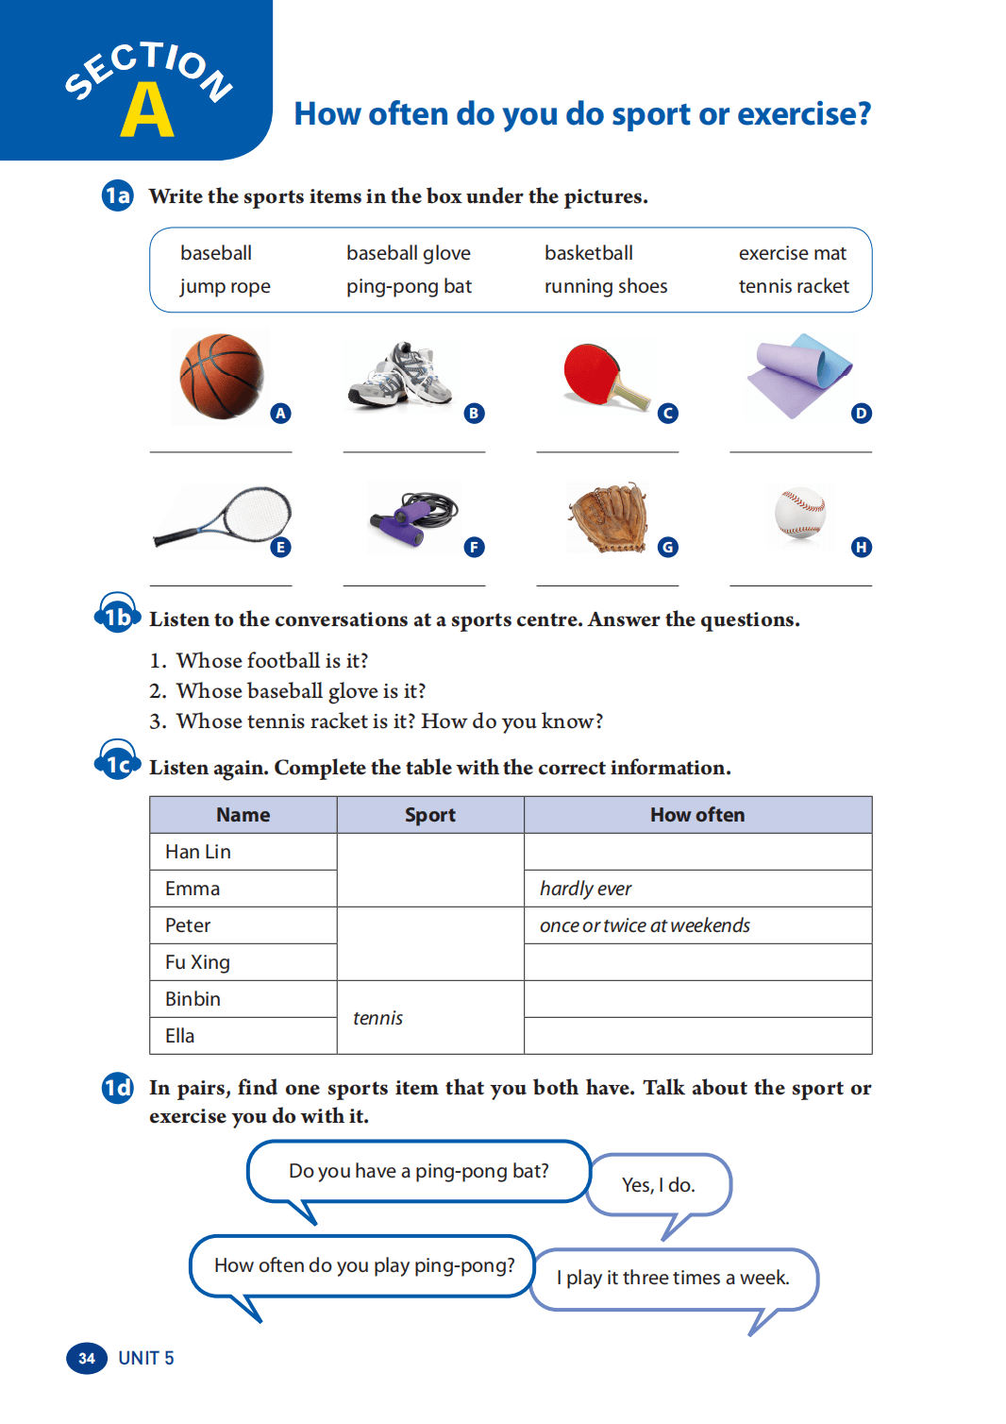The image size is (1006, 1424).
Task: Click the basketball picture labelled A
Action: tap(222, 376)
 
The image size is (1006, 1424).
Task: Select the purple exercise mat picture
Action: tap(798, 375)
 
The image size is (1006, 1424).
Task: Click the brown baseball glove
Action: tap(610, 517)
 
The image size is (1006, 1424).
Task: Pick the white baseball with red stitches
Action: tap(800, 513)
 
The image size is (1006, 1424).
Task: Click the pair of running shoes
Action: tap(402, 376)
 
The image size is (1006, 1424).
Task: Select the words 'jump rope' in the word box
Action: tap(225, 286)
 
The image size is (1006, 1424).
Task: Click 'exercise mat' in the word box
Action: tap(792, 253)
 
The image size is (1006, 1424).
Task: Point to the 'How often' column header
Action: tap(697, 815)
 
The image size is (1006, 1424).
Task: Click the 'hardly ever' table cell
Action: tap(697, 889)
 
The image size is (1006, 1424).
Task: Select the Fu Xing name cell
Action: tap(243, 962)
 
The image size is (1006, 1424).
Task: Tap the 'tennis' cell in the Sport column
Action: tap(429, 1018)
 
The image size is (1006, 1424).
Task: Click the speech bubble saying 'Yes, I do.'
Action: tap(659, 1184)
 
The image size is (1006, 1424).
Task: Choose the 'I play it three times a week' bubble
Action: tap(673, 1279)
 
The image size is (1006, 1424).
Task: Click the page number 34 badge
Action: tap(86, 1358)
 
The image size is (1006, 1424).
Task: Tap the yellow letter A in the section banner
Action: tap(147, 111)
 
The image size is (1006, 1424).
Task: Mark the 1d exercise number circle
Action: tap(117, 1089)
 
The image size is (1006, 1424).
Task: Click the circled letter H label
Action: tap(861, 547)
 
